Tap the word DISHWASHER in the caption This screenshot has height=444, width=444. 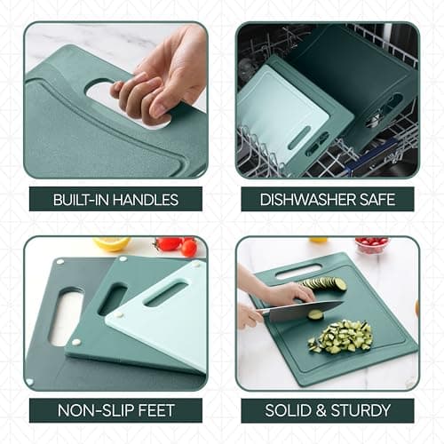300,200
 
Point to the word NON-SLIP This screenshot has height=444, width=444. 91,410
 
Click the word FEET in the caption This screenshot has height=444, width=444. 155,410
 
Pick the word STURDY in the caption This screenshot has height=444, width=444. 361,410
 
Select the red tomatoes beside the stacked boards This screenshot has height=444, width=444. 176,245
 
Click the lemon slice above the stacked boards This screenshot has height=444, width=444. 112,242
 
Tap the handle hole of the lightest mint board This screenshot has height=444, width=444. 165,294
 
